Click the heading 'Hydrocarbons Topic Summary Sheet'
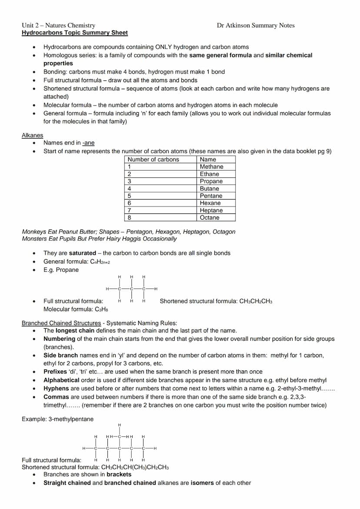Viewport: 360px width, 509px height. (75, 33)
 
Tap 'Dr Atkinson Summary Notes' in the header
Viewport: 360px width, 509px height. (255, 25)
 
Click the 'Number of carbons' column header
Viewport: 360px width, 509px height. (153, 160)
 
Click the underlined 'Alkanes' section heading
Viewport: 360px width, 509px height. (33, 135)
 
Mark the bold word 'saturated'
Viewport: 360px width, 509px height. (82, 253)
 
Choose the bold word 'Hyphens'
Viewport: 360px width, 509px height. (56, 389)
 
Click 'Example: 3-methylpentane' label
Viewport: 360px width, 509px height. (57, 419)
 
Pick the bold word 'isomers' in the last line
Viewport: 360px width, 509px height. (202, 483)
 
